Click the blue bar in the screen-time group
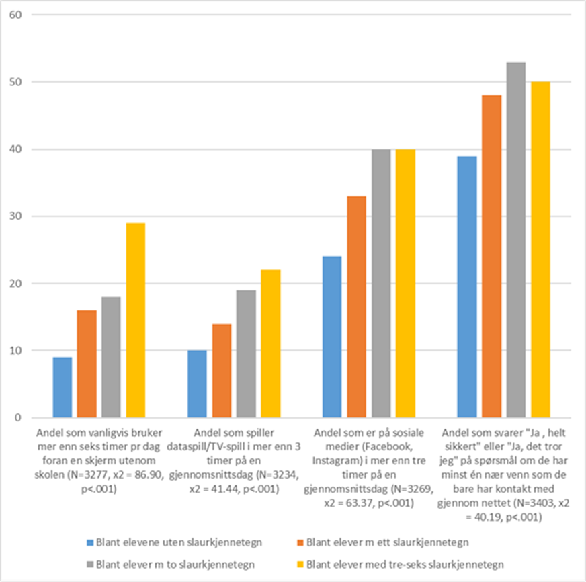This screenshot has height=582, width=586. click(x=62, y=388)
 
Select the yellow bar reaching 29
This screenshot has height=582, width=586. click(x=136, y=321)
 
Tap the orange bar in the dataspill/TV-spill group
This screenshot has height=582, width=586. click(x=222, y=371)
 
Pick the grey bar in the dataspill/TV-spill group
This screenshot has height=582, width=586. click(x=247, y=354)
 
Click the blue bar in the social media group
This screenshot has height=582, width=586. click(x=332, y=337)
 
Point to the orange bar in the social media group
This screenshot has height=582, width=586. click(x=356, y=307)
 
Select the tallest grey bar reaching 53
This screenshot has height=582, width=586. click(x=516, y=240)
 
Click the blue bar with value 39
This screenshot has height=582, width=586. click(x=467, y=287)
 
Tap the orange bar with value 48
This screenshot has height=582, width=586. click(x=492, y=257)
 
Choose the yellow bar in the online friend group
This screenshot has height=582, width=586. click(x=540, y=250)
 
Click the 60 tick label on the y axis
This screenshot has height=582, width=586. click(x=15, y=14)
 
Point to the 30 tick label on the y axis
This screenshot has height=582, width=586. click(x=15, y=216)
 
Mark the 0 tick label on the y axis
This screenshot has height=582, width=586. click(x=17, y=418)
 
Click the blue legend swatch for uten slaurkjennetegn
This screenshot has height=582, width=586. click(x=90, y=542)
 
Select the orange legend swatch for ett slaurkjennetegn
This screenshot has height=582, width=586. click(x=300, y=542)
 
